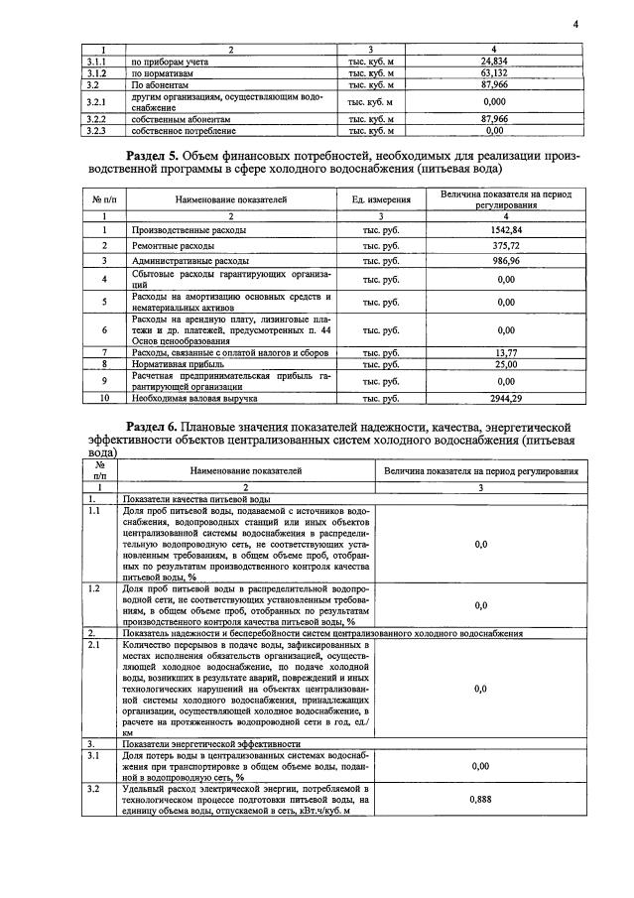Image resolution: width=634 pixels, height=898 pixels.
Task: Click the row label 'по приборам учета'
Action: (167, 62)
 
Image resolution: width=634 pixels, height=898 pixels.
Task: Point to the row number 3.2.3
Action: (96, 130)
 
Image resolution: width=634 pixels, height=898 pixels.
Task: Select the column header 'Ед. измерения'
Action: (381, 200)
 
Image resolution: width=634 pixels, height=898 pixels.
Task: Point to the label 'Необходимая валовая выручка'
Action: (194, 398)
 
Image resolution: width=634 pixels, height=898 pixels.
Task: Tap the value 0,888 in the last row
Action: (480, 797)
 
